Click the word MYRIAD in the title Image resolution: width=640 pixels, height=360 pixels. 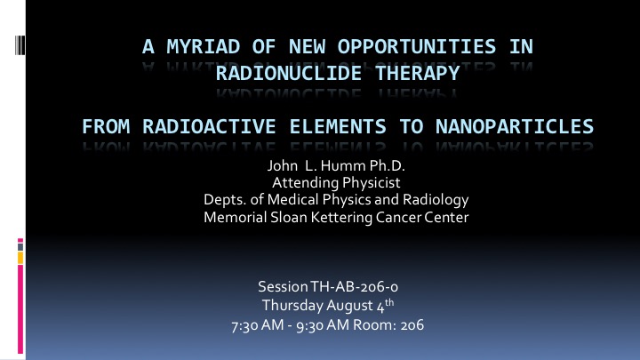[x=204, y=46]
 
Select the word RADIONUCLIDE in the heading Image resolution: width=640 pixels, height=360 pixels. [x=289, y=74]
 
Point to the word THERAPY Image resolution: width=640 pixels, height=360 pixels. [x=417, y=74]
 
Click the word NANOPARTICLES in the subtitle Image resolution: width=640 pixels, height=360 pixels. [x=515, y=126]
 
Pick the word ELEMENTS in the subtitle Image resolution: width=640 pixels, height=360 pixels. [x=338, y=126]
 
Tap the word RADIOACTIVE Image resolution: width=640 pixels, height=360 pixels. [x=209, y=126]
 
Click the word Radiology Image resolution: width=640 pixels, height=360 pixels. [x=436, y=200]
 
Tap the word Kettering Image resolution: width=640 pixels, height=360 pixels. [x=341, y=217]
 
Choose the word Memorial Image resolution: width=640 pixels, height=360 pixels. [x=235, y=217]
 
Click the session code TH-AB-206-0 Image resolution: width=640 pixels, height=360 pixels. [x=355, y=287]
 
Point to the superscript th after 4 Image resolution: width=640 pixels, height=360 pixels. [x=389, y=302]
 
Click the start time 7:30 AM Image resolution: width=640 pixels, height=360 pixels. [x=257, y=325]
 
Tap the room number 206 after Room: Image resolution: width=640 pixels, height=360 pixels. [x=412, y=325]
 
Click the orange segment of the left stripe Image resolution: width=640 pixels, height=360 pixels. [x=20, y=258]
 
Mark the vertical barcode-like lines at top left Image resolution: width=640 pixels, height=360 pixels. [x=20, y=45]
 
